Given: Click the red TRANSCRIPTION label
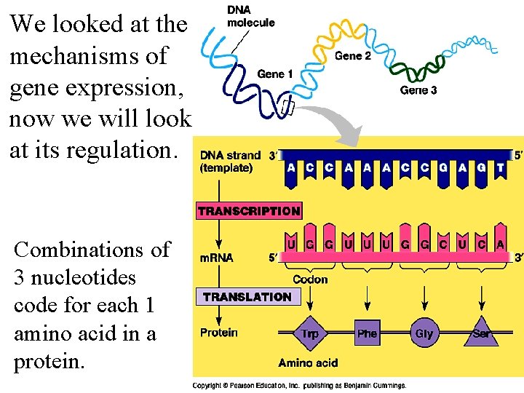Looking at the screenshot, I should [249, 211].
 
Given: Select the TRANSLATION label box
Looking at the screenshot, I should [247, 297].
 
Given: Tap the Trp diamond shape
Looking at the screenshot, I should [309, 334].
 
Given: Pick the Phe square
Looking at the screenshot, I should [367, 334].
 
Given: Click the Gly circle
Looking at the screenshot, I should [424, 333].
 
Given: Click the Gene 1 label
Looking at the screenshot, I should [275, 74].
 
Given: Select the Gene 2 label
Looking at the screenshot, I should [352, 56].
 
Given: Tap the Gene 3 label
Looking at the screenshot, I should [418, 90].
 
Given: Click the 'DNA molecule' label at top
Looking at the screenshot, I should [250, 17].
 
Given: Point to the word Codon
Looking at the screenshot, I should [310, 279].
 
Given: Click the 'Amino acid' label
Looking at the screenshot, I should [308, 362].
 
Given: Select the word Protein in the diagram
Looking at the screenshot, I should [219, 333].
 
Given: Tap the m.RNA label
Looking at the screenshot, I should [217, 258].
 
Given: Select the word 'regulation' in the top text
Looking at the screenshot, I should [122, 149].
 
